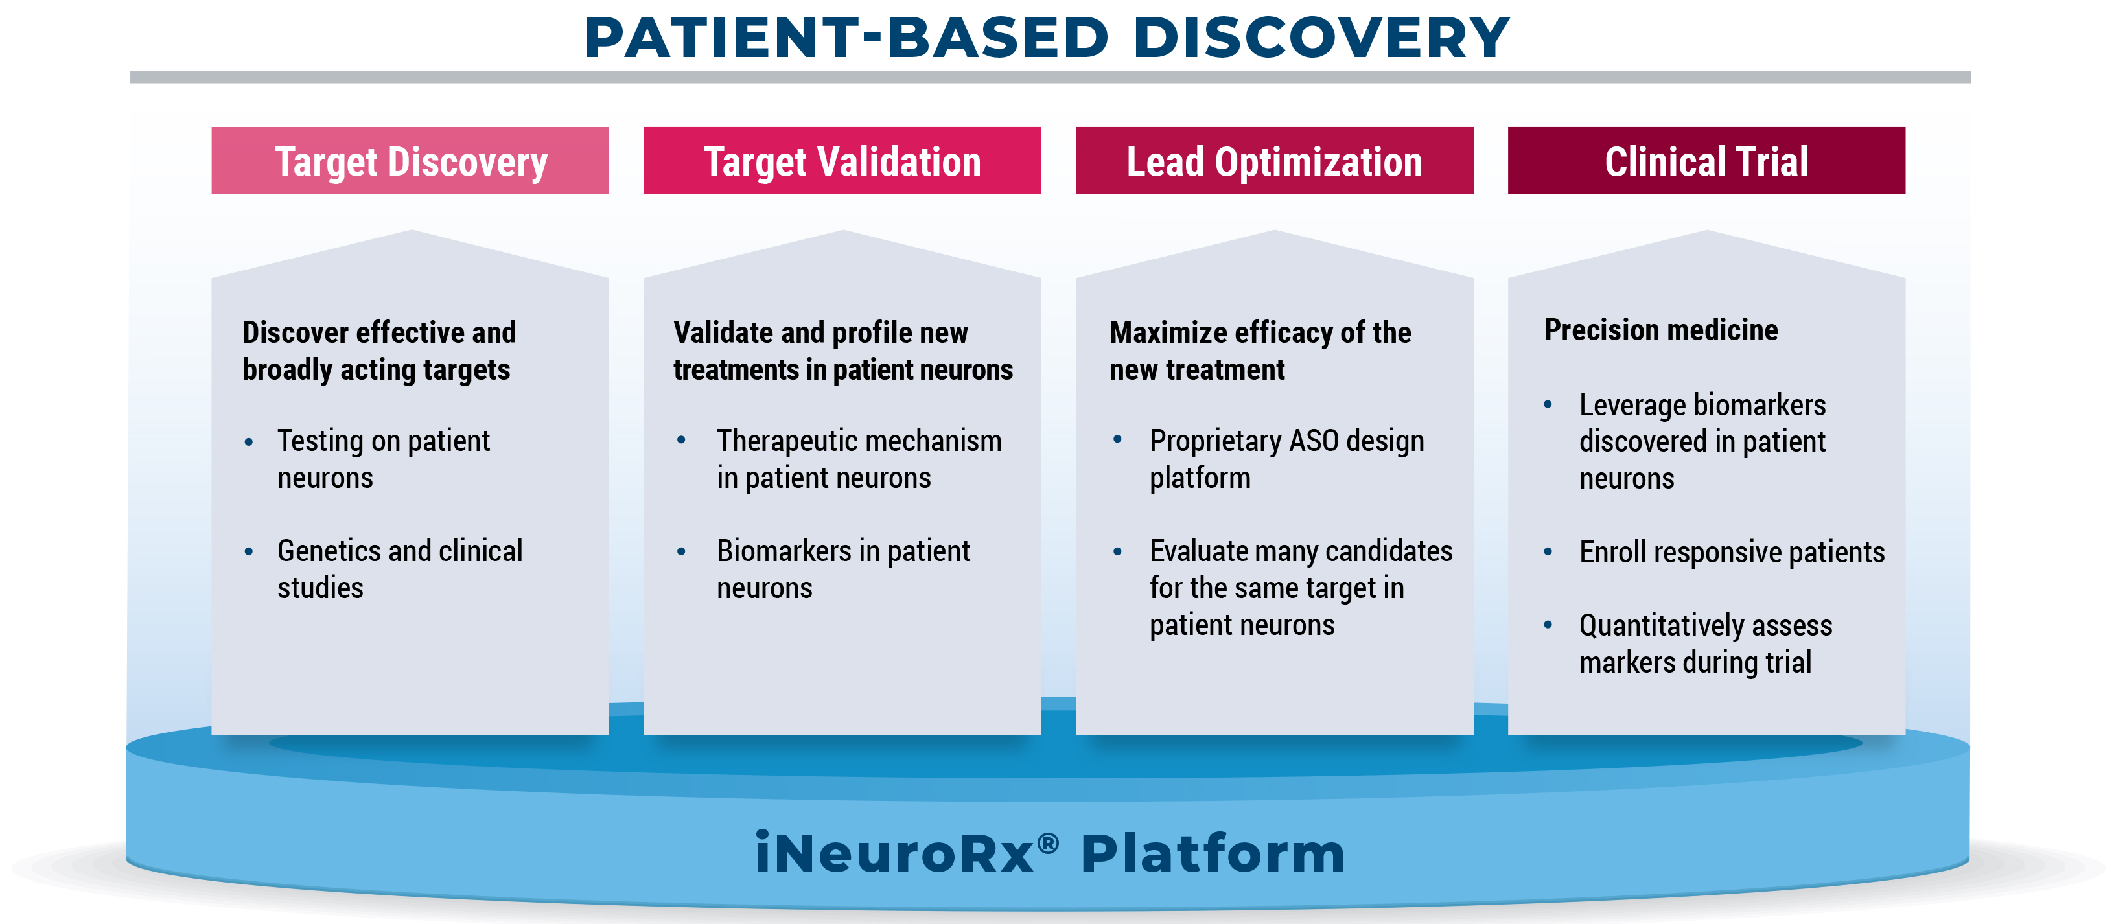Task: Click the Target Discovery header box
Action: pyautogui.click(x=410, y=160)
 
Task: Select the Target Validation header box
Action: pyautogui.click(x=842, y=160)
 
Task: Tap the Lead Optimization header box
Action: pyautogui.click(x=1275, y=160)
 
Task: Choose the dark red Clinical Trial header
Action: pyautogui.click(x=1707, y=160)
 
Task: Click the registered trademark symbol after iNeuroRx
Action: pyautogui.click(x=1048, y=843)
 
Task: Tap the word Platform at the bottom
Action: pyautogui.click(x=1213, y=853)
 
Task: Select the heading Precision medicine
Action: pyautogui.click(x=1661, y=330)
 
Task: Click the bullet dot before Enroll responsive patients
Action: pyautogui.click(x=1548, y=551)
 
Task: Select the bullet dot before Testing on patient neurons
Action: pyautogui.click(x=249, y=441)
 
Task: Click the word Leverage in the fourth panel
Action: pyautogui.click(x=1632, y=406)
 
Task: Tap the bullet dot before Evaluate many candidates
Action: pyautogui.click(x=1117, y=551)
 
